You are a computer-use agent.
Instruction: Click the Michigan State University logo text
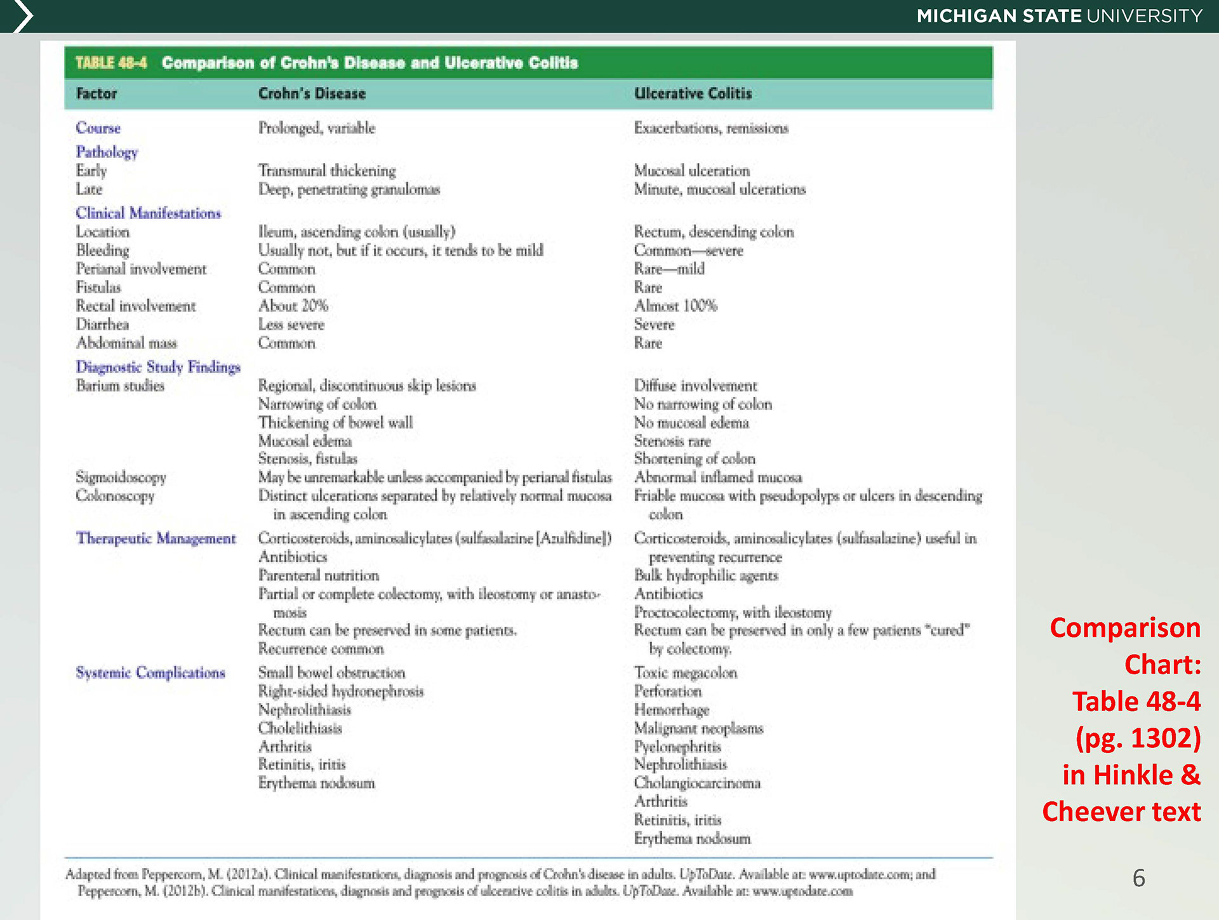point(1059,16)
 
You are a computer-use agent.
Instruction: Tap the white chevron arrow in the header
point(22,16)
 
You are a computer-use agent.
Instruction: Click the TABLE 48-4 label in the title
point(111,63)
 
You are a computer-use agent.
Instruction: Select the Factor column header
point(97,94)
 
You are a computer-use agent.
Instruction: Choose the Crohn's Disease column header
point(312,94)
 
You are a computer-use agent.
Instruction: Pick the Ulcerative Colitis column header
point(693,94)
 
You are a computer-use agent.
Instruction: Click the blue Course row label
point(98,128)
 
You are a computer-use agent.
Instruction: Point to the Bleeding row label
point(102,250)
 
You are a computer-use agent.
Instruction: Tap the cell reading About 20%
point(293,306)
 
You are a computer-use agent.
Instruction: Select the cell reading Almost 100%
point(676,306)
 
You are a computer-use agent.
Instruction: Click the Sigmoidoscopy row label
point(121,477)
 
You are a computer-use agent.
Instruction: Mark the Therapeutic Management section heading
point(156,538)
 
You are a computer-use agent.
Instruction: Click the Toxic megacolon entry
point(686,672)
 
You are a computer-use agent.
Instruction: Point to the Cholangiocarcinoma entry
point(697,783)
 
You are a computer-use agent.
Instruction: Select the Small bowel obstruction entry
point(331,672)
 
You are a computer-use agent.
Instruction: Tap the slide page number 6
point(1138,878)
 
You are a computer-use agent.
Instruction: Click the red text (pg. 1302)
point(1138,738)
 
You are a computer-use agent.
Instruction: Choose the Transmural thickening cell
point(327,171)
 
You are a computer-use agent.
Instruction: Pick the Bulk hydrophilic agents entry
point(706,575)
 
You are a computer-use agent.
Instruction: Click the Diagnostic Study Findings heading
point(158,367)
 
